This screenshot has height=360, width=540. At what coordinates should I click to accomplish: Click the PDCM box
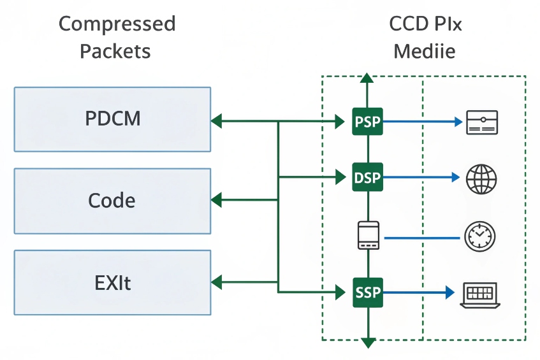click(x=112, y=119)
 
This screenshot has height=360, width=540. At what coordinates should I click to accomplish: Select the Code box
click(x=112, y=201)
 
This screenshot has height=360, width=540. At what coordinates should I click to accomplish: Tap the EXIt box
click(x=112, y=282)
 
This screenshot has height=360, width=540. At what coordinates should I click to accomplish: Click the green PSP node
click(x=367, y=121)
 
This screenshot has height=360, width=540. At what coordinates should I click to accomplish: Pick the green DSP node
click(x=367, y=178)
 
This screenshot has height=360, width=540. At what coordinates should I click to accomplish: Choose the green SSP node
click(x=367, y=292)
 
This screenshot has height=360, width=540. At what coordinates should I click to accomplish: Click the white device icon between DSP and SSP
click(x=367, y=235)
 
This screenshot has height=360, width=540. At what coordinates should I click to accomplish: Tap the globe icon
click(x=481, y=178)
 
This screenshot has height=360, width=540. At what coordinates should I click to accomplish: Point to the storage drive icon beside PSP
click(x=481, y=122)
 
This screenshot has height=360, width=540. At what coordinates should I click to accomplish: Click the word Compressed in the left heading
click(x=117, y=24)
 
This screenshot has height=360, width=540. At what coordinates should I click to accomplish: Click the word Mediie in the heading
click(x=424, y=51)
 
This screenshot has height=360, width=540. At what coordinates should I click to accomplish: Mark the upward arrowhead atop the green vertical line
click(x=367, y=78)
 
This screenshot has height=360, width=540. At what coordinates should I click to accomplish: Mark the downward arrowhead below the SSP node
click(x=367, y=343)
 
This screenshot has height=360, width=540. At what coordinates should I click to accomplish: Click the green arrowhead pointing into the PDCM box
click(x=216, y=120)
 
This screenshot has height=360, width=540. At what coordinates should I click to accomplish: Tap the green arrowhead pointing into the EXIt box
click(x=216, y=281)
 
